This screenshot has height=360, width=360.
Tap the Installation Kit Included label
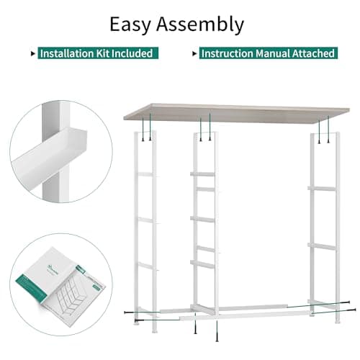point(95,53)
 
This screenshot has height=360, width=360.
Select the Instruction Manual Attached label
point(267,53)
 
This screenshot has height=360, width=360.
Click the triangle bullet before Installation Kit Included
point(32,53)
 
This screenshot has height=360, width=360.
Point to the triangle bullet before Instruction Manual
point(194,53)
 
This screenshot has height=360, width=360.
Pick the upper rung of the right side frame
point(321,189)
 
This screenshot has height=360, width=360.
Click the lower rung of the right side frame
point(321,246)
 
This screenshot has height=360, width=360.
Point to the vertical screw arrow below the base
point(217,333)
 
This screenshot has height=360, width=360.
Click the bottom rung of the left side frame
point(145,265)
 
